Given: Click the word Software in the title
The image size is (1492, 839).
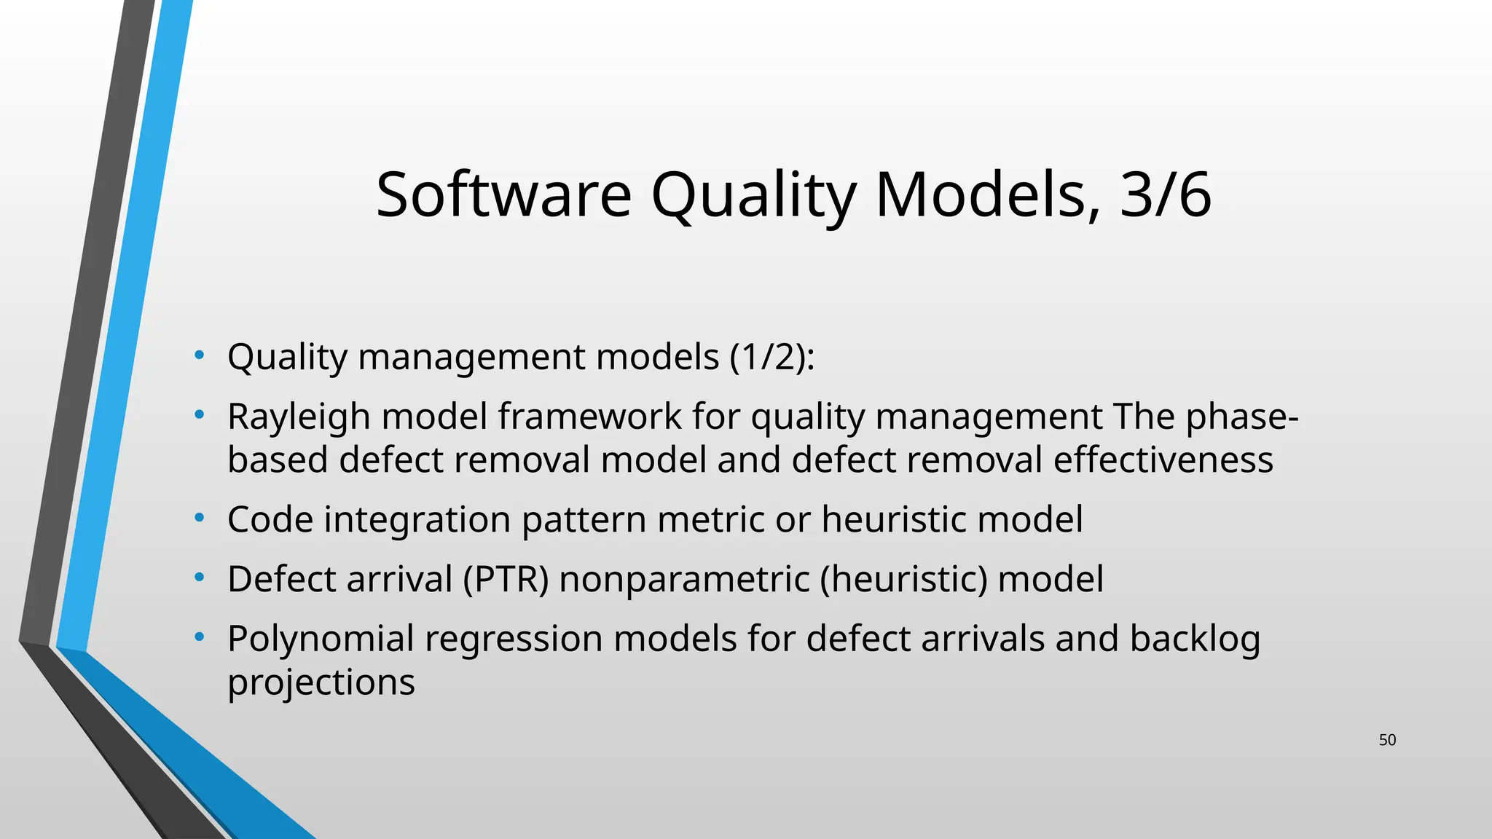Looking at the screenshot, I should (503, 194).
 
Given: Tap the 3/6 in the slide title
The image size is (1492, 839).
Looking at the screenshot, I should (1166, 194).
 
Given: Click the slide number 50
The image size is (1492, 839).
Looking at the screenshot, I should (1387, 740).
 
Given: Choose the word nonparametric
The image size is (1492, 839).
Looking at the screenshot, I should (684, 580).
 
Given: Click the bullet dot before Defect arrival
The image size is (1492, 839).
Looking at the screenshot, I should (199, 578).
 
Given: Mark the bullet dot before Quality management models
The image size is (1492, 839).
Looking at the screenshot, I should (199, 355).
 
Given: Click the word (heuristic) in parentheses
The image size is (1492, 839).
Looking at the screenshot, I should (903, 580).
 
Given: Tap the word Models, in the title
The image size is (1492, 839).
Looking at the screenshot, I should (988, 194).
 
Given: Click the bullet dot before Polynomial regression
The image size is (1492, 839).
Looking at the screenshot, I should (199, 638).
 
